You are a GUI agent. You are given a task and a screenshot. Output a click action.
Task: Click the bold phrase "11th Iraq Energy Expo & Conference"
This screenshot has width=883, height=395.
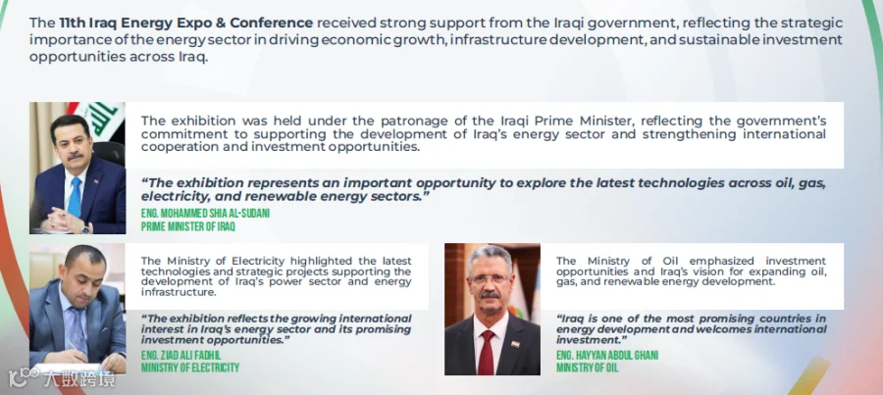click(185, 24)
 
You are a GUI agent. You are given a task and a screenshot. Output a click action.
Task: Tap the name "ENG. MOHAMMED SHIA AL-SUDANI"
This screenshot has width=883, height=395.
click(205, 214)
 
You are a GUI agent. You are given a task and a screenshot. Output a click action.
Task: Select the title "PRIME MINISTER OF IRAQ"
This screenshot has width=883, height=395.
click(188, 226)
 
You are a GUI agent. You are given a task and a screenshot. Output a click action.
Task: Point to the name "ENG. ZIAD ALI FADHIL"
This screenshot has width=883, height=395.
click(182, 355)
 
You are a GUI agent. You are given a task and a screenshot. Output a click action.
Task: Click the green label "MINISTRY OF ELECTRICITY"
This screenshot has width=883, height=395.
click(189, 368)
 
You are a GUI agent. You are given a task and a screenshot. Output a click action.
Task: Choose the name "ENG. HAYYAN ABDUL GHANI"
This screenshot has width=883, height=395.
click(607, 356)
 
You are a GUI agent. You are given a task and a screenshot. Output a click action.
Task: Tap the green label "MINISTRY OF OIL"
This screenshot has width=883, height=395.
click(588, 368)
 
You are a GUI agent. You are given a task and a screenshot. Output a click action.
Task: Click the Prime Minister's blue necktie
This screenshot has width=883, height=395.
click(75, 196)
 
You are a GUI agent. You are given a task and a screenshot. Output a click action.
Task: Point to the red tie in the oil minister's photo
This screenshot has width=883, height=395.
click(486, 352)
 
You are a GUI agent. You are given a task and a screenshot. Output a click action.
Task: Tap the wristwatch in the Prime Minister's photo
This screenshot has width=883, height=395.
click(85, 228)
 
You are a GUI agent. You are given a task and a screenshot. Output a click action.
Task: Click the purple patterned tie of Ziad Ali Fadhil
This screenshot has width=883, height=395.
click(78, 331)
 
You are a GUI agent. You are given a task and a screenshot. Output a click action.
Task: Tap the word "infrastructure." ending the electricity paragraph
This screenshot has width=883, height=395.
click(178, 293)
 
